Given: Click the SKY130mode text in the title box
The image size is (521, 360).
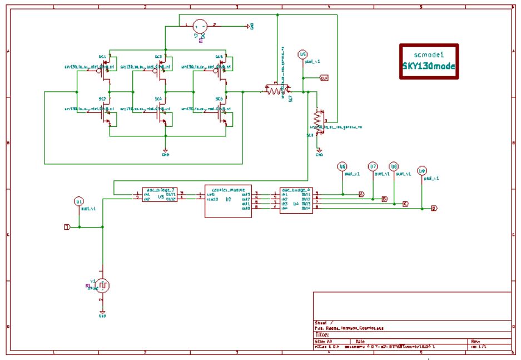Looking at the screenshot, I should coord(429,65).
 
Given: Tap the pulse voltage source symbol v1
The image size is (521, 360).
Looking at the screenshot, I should coord(103,285).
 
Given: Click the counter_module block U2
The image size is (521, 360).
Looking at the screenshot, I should coord(228,198).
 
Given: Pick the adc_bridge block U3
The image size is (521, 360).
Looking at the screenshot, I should coord(160,195).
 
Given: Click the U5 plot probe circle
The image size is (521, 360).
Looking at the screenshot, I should coord(303,55).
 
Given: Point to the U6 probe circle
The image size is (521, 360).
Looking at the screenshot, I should coord(343,166).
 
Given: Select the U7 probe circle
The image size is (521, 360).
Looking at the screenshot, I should coord(373,166).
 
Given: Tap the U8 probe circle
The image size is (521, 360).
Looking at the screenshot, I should coord(394,166).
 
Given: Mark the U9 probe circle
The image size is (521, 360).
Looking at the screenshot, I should coord(422,171).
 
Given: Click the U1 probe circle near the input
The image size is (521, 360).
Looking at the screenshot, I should coord(79,201).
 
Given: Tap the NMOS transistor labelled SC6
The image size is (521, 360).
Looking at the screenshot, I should coord(225,116).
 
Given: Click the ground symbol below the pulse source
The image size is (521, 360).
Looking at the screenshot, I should coord(102,313).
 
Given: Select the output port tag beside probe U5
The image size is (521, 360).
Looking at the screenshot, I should coord(324,78).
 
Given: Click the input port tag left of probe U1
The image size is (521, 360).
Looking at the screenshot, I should coord(67,227).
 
